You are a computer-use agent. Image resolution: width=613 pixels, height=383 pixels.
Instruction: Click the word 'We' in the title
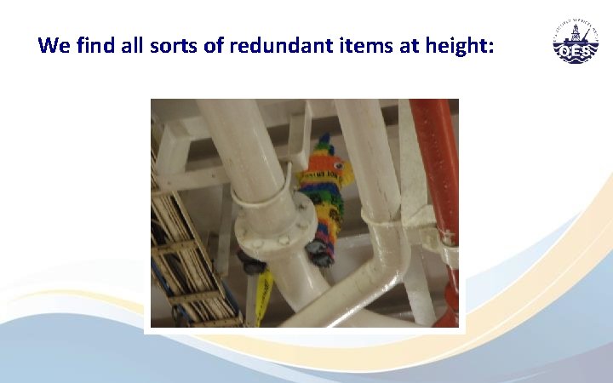54,45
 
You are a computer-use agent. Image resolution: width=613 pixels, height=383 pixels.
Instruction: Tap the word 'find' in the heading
95,45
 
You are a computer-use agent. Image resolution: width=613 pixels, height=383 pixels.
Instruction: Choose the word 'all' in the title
137,45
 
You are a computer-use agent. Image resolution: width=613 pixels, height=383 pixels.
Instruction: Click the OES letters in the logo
576,50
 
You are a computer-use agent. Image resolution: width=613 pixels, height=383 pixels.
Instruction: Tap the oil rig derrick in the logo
576,34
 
